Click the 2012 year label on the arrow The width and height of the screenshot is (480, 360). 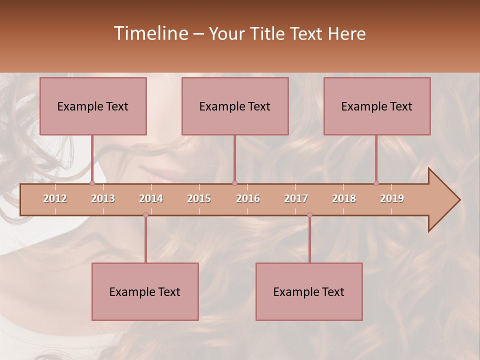pyautogui.click(x=55, y=198)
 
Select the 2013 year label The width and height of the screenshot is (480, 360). pyautogui.click(x=103, y=198)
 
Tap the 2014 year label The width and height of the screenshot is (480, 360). pyautogui.click(x=151, y=198)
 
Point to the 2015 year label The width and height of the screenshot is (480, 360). pyautogui.click(x=199, y=198)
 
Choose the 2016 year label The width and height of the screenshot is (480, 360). pyautogui.click(x=248, y=198)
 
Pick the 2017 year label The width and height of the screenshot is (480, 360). pyautogui.click(x=296, y=198)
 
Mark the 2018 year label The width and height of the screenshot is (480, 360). pyautogui.click(x=344, y=198)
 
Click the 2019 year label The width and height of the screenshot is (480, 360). pyautogui.click(x=392, y=198)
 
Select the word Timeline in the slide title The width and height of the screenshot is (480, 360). pyautogui.click(x=150, y=33)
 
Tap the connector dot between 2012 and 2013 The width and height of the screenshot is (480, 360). pyautogui.click(x=92, y=183)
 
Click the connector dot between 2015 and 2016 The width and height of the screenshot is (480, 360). pyautogui.click(x=234, y=183)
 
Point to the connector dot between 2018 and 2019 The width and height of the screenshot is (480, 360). pyautogui.click(x=376, y=183)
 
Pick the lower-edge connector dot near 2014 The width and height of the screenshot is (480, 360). pyautogui.click(x=145, y=215)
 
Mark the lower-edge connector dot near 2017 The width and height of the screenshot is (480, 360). pyautogui.click(x=309, y=215)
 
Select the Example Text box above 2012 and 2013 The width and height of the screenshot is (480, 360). pyautogui.click(x=93, y=106)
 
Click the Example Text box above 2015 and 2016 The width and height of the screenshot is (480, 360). pyautogui.click(x=235, y=106)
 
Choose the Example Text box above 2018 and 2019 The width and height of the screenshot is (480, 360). pyautogui.click(x=377, y=106)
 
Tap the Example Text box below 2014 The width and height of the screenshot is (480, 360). pyautogui.click(x=145, y=291)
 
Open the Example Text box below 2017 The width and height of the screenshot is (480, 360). pyautogui.click(x=309, y=291)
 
